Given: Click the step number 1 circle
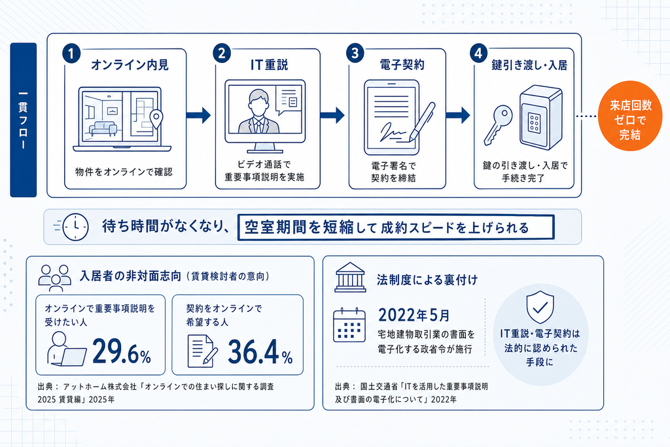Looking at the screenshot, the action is (71, 54).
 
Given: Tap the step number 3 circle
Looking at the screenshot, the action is (355, 53).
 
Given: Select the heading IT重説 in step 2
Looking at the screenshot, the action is (269, 65).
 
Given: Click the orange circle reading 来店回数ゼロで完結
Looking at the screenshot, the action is (630, 116).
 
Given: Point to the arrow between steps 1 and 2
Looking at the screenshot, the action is (199, 115).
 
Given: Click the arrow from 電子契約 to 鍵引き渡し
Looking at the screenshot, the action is (458, 115).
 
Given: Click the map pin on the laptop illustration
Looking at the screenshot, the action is (157, 119).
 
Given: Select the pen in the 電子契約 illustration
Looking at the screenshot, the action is (422, 121).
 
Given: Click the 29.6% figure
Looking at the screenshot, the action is (122, 351).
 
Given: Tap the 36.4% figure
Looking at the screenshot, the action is (260, 351).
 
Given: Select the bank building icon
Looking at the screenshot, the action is (351, 277).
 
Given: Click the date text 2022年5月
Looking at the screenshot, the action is (414, 315).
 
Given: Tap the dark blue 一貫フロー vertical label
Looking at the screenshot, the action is (24, 120).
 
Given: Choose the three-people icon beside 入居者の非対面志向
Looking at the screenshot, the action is (55, 277).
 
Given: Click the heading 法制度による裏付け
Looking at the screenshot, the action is (427, 280).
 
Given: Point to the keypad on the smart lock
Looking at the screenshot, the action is (534, 122).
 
